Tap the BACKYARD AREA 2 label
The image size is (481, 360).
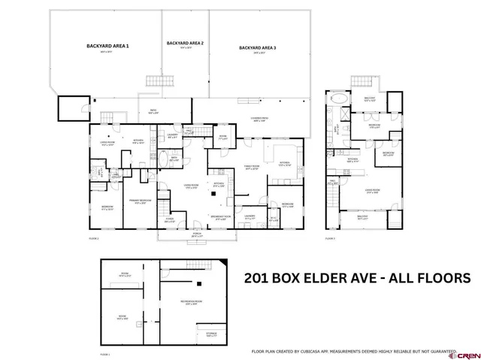pos(184,44)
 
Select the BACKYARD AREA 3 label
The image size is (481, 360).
pos(258,48)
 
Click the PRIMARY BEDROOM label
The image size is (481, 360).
pos(141,201)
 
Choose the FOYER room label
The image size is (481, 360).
pos(170,219)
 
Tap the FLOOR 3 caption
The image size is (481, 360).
pos(330,239)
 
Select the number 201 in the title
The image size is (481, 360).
pos(258,277)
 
